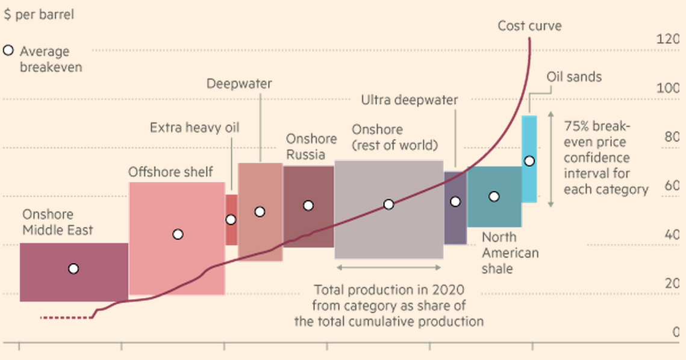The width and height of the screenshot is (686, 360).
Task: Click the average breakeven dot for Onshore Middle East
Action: [73, 268]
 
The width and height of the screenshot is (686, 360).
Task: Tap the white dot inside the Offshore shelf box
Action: [178, 234]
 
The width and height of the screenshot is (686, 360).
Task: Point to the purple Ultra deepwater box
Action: [455, 223]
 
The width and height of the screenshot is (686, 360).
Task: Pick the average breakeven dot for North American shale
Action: [494, 196]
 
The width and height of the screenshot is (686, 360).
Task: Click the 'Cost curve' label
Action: [529, 26]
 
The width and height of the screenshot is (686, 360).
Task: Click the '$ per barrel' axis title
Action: [39, 14]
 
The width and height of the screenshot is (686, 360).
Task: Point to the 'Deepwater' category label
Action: [239, 84]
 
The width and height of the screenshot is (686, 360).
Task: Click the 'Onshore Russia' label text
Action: [311, 147]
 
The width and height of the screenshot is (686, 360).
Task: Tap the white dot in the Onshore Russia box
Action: [308, 205]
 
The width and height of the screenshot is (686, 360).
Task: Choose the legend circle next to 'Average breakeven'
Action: [8, 51]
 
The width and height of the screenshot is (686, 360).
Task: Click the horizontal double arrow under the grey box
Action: [388, 267]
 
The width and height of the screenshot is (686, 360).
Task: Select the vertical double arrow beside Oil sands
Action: [550, 160]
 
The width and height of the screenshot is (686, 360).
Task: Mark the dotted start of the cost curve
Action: [65, 317]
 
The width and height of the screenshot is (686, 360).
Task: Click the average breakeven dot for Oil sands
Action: [529, 161]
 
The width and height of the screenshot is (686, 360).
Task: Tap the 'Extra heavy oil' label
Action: [195, 128]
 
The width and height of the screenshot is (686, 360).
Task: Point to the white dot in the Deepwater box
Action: [260, 211]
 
